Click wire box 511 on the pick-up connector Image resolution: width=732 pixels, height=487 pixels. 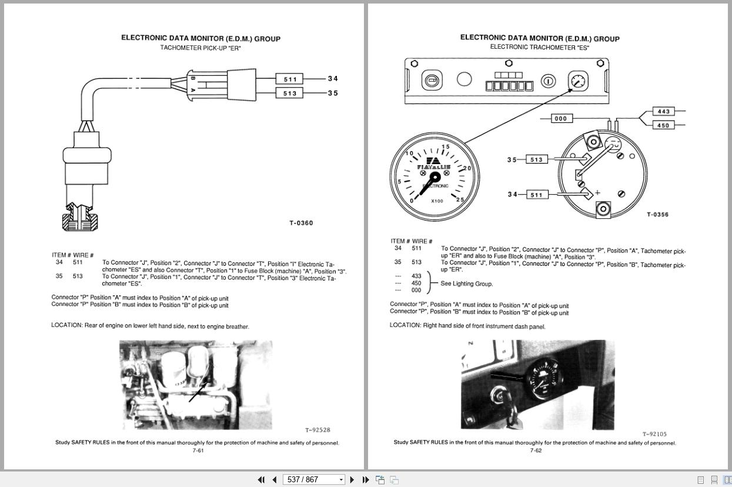click(289, 79)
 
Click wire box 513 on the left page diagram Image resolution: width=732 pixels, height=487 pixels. click(289, 93)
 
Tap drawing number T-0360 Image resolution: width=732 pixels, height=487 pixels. click(301, 223)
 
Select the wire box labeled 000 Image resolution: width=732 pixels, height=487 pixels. click(561, 118)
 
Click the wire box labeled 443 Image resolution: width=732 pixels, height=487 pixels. click(663, 111)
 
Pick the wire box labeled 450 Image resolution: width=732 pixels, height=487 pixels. click(663, 125)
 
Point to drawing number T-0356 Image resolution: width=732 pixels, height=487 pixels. click(657, 214)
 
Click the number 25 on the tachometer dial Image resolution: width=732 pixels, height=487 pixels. click(460, 200)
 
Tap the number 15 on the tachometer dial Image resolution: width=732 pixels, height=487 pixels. click(445, 147)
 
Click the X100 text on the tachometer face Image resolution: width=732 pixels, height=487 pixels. click(437, 201)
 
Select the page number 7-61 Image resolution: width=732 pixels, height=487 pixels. click(198, 451)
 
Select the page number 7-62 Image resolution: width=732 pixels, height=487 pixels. click(536, 451)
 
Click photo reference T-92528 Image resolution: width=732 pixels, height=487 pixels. click(317, 430)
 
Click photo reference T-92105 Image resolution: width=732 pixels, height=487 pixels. click(654, 434)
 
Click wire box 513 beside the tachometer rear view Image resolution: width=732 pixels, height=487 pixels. click(536, 159)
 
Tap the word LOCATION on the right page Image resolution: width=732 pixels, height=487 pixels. click(405, 325)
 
